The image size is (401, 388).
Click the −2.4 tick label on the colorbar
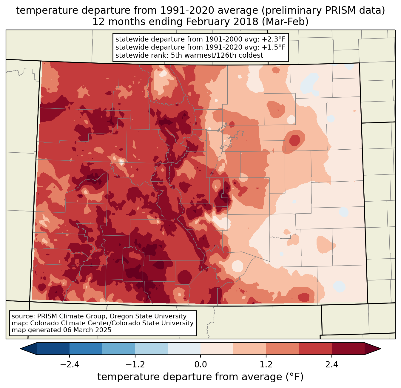(x=69, y=365)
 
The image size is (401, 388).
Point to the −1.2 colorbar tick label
(x=135, y=365)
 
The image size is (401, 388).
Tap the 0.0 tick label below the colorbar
(x=200, y=365)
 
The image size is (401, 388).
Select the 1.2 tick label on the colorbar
(x=266, y=365)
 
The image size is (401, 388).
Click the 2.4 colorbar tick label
(x=332, y=365)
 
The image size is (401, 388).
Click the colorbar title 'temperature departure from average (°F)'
(x=200, y=377)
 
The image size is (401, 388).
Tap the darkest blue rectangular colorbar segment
(x=53, y=349)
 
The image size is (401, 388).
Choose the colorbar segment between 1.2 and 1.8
(x=283, y=349)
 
